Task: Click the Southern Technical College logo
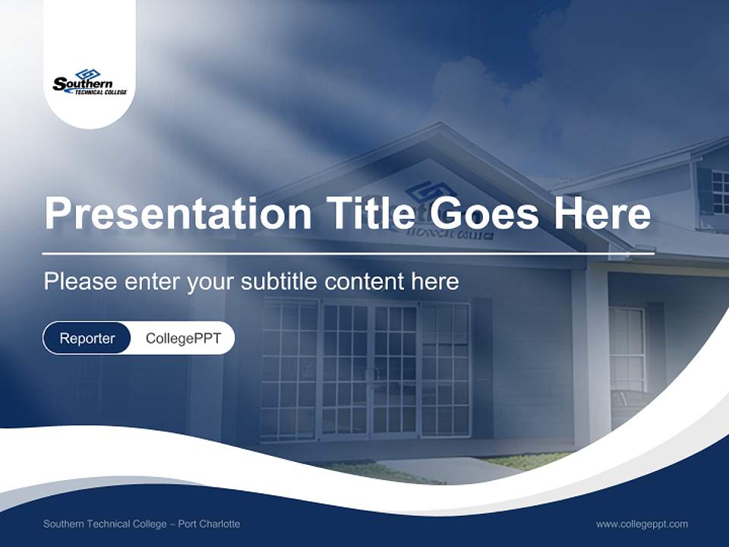89,81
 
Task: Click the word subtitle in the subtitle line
280,282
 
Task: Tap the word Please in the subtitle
79,282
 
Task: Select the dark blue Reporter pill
87,338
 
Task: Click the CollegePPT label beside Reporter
183,338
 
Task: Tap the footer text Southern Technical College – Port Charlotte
141,524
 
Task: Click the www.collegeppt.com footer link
642,524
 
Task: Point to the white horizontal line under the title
348,253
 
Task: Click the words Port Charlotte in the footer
209,524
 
